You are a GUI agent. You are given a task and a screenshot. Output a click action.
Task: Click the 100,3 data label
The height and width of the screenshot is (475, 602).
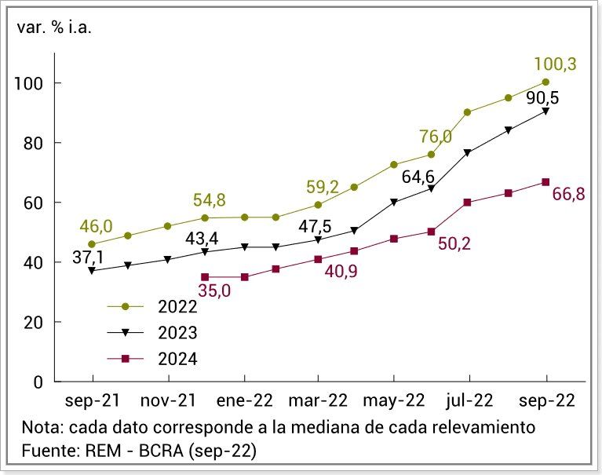(555, 64)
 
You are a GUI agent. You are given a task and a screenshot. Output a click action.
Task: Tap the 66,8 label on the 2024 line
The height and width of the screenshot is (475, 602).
(568, 195)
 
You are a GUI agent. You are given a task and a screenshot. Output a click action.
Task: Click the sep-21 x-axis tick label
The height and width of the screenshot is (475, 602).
(93, 400)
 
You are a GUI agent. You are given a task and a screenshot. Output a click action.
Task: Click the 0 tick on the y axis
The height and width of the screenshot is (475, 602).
(37, 382)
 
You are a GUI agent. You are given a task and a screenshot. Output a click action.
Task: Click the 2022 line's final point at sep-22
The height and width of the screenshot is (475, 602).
(545, 82)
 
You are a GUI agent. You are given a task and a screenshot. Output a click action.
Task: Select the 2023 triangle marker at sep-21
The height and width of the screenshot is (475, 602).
(92, 271)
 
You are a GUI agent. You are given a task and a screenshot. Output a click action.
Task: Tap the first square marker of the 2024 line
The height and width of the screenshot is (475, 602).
(205, 277)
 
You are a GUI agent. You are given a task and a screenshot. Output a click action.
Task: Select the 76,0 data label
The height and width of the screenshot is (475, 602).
(436, 137)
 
